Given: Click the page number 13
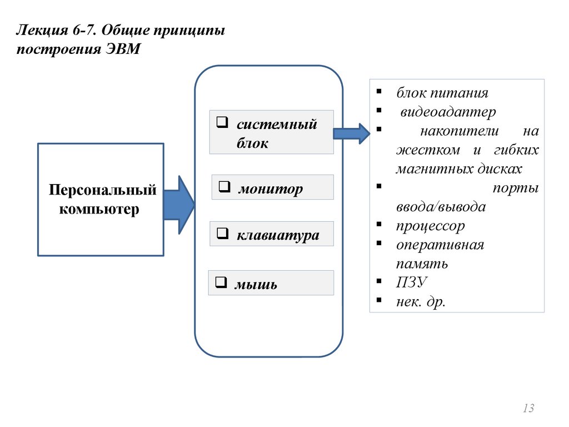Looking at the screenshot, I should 528,409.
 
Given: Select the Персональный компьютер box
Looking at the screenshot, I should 100,200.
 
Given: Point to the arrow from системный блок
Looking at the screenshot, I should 351,133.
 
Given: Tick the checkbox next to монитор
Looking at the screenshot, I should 224,187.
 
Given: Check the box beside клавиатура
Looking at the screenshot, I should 222,234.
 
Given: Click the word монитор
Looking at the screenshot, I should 271,189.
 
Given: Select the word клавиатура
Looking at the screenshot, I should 278,235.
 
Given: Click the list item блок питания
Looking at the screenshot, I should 442,93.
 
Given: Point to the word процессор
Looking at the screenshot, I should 431,226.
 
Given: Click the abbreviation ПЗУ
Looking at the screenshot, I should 411,283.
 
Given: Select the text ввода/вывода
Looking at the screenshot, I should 441,207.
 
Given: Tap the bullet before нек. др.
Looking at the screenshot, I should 378,301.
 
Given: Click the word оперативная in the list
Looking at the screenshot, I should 440,245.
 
